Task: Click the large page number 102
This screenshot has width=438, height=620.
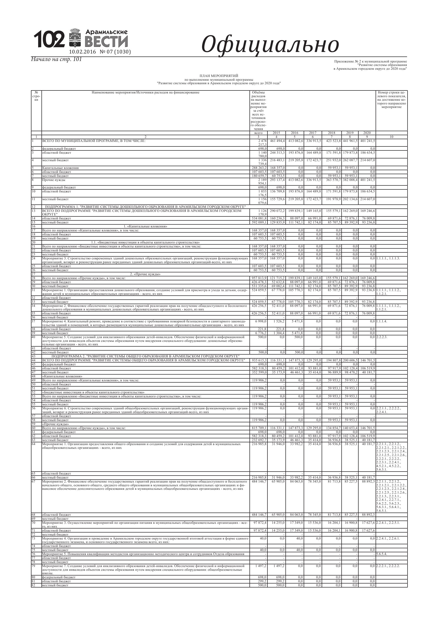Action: (49, 39)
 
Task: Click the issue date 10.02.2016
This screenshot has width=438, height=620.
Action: (83, 52)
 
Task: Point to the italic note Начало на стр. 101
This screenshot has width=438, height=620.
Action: (56, 59)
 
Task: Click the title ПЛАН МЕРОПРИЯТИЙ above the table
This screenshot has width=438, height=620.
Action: (219, 76)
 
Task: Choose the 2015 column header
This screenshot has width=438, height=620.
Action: (276, 133)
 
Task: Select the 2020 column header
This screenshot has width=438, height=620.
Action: (367, 133)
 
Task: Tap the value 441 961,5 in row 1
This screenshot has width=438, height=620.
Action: (350, 141)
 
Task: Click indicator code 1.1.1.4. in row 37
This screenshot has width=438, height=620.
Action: (382, 321)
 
